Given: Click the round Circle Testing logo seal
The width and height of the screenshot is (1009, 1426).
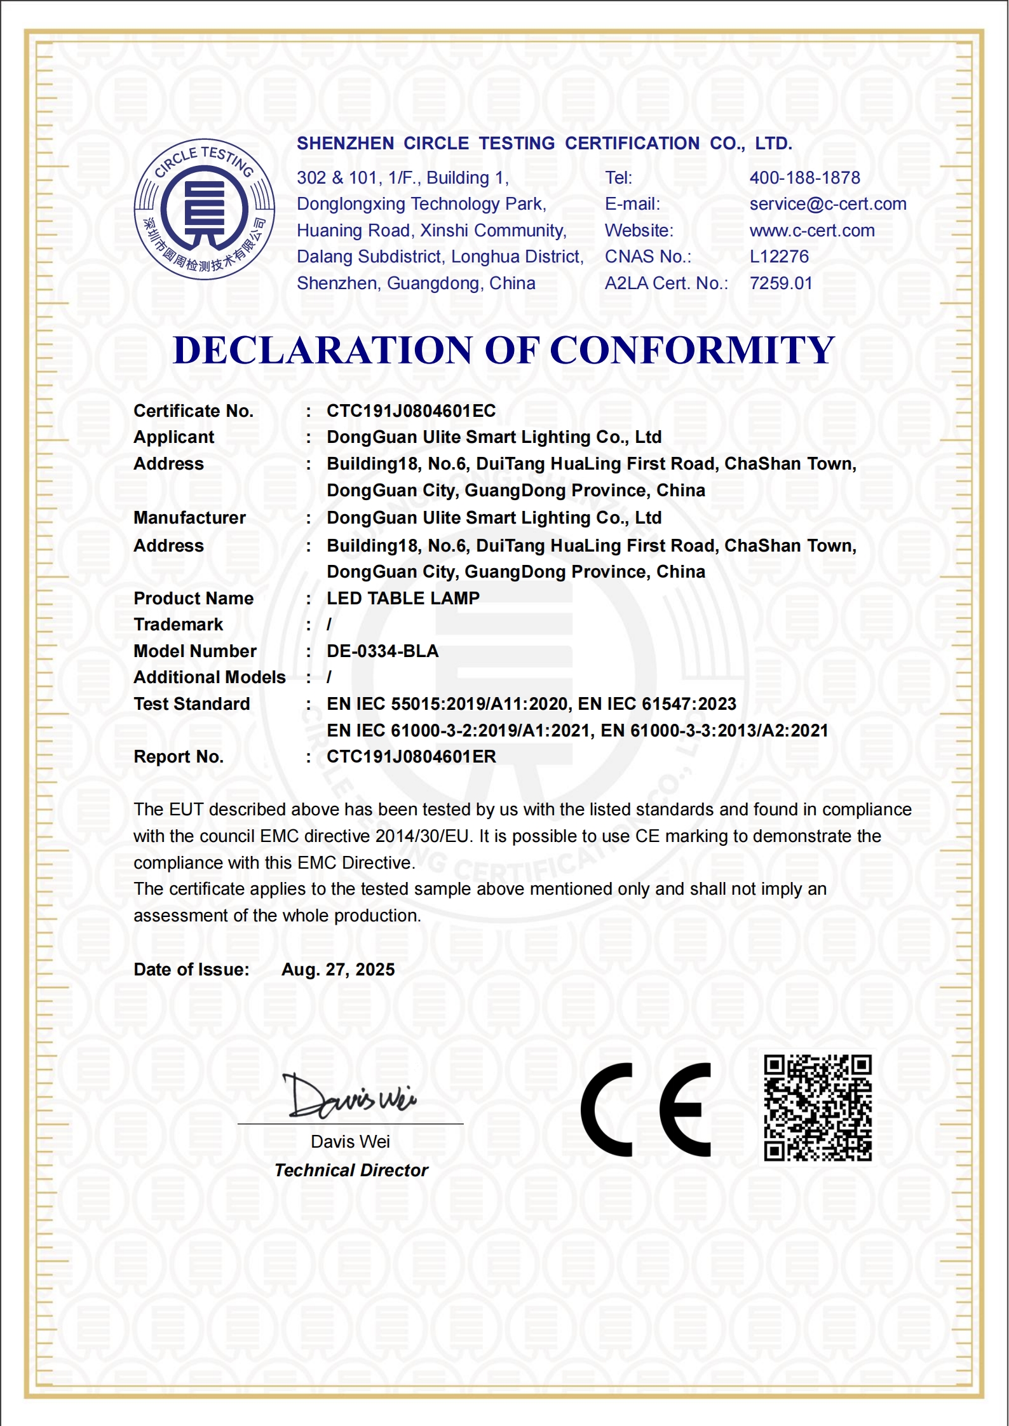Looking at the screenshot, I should point(204,209).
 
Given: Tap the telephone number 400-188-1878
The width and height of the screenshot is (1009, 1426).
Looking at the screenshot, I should point(804,178).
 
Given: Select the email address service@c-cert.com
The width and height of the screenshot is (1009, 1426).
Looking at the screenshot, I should point(827,204).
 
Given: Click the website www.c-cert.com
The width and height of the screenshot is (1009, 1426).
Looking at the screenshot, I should point(811,231).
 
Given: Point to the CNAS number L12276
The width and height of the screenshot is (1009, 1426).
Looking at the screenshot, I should point(779,257).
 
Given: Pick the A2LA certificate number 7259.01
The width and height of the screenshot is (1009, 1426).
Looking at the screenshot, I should point(781,283).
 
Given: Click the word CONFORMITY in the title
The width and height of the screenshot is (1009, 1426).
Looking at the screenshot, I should point(692,350).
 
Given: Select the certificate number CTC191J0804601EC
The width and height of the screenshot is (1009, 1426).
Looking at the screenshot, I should point(411,411).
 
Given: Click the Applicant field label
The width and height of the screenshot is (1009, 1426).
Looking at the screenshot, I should point(173,437).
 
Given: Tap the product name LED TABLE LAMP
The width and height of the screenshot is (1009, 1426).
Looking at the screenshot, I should point(403,598).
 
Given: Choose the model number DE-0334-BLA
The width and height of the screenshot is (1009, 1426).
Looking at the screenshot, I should point(383,651).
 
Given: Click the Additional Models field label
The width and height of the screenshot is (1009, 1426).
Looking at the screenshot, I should point(209,677).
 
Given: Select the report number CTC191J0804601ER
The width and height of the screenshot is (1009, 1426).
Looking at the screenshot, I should point(411,757).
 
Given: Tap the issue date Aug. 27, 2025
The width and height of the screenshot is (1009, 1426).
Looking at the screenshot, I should point(338,970).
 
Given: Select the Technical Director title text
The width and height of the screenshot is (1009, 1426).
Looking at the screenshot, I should point(351,1171).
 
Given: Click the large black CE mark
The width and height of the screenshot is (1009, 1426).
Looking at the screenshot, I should point(645,1110).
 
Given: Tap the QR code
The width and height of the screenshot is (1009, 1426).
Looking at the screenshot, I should point(818,1108).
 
